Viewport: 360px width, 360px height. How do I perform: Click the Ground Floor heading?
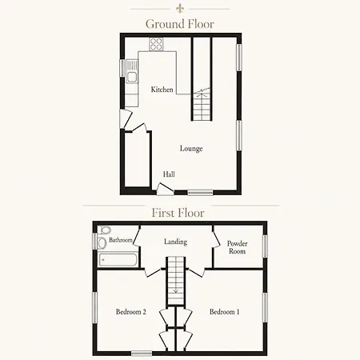click(180, 24)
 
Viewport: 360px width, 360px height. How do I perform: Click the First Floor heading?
click(178, 213)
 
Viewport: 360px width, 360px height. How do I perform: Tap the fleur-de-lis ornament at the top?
click(180, 9)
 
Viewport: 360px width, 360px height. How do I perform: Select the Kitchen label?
click(162, 90)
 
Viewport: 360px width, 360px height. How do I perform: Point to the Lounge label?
click(191, 149)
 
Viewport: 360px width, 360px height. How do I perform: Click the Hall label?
click(169, 174)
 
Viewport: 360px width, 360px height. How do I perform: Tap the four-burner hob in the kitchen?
click(156, 44)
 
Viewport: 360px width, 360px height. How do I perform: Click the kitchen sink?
click(132, 71)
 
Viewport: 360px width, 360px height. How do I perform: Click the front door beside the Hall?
click(165, 190)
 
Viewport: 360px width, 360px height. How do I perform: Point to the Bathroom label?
click(121, 240)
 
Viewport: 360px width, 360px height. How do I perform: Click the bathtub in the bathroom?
click(118, 260)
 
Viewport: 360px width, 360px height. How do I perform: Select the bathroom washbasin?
click(102, 242)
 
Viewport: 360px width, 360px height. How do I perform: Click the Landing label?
click(175, 242)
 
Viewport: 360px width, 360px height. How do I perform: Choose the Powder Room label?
click(237, 247)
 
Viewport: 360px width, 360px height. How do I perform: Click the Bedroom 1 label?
click(224, 312)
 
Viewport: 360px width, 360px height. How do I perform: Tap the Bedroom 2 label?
click(130, 312)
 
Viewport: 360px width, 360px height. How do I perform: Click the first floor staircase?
click(176, 281)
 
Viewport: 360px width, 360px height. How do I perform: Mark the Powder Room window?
click(265, 246)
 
